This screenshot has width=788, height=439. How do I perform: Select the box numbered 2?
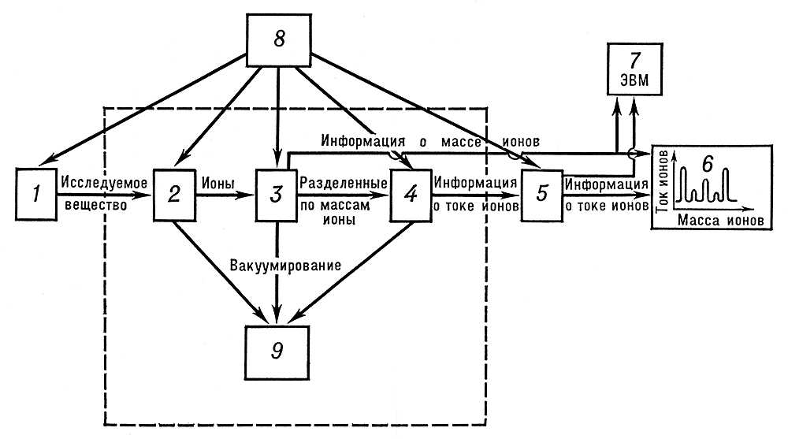[174, 194]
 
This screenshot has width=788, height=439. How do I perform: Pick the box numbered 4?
[411, 194]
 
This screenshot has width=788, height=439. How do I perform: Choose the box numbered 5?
[541, 194]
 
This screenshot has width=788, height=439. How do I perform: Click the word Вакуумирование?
[285, 266]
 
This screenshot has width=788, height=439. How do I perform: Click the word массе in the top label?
[460, 142]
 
